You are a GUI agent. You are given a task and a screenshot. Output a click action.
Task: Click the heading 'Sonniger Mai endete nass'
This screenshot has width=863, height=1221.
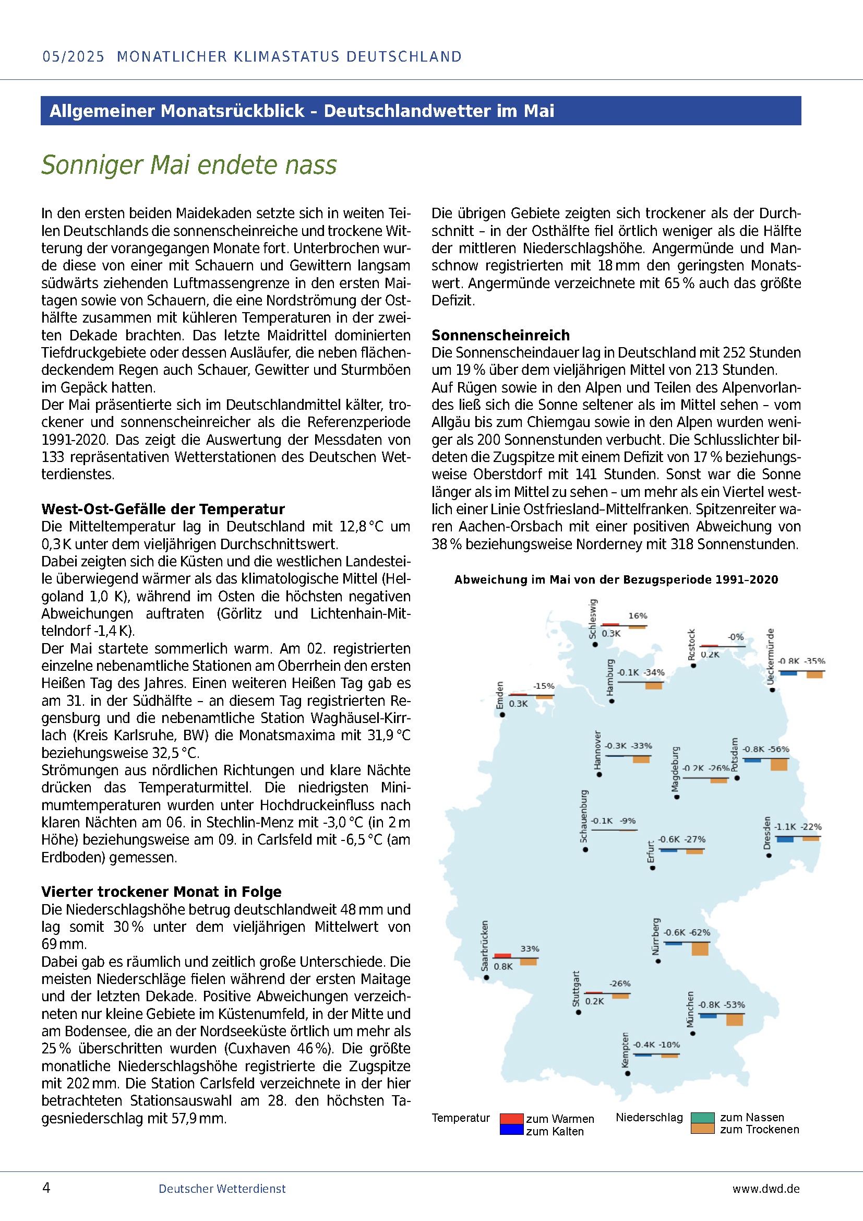tap(189, 165)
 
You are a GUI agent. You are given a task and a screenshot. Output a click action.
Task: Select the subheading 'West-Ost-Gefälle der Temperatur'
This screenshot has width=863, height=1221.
tap(163, 509)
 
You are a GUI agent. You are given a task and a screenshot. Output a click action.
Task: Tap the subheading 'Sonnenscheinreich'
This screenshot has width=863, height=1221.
tap(500, 335)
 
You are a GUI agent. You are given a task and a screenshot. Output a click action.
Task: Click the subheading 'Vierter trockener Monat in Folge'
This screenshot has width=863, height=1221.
tap(161, 892)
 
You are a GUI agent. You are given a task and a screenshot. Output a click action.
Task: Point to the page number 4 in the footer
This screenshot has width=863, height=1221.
tap(46, 1188)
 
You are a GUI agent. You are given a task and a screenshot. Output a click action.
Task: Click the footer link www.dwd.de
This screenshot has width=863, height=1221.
tap(765, 1189)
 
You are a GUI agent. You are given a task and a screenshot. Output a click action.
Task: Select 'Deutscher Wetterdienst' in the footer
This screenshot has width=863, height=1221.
tap(222, 1189)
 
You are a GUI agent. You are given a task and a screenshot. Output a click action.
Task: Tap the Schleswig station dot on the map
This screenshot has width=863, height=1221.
tap(595, 645)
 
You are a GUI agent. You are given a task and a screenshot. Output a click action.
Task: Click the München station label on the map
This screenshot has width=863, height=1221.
tap(690, 1009)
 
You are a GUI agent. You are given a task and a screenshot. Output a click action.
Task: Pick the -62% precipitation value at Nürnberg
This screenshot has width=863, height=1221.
tap(700, 932)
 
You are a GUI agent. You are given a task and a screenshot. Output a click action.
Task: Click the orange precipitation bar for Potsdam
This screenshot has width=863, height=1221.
tap(778, 764)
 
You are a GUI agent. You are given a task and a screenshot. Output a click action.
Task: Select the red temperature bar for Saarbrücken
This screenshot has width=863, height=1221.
tap(502, 956)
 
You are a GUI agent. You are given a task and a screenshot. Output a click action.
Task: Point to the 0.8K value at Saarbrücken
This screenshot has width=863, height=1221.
tap(502, 966)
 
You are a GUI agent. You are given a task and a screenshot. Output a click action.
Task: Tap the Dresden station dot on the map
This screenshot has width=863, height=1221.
tap(769, 856)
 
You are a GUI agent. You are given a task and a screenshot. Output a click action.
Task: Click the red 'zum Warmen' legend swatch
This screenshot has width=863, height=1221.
tap(511, 1118)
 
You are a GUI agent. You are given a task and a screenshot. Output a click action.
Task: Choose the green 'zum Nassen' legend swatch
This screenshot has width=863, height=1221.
tap(702, 1117)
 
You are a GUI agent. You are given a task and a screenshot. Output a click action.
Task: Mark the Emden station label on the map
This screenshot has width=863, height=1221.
tap(499, 695)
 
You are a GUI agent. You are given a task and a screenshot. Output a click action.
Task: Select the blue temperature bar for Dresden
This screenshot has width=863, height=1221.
tap(784, 839)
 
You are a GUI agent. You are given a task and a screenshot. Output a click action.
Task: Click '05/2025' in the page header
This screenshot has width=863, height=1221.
tap(74, 56)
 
